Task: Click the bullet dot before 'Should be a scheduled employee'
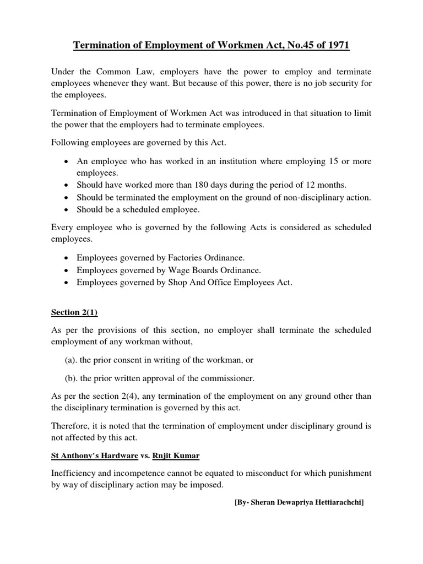67,210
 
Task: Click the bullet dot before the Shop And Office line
67,283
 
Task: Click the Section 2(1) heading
74,312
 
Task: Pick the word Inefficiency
75,473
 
